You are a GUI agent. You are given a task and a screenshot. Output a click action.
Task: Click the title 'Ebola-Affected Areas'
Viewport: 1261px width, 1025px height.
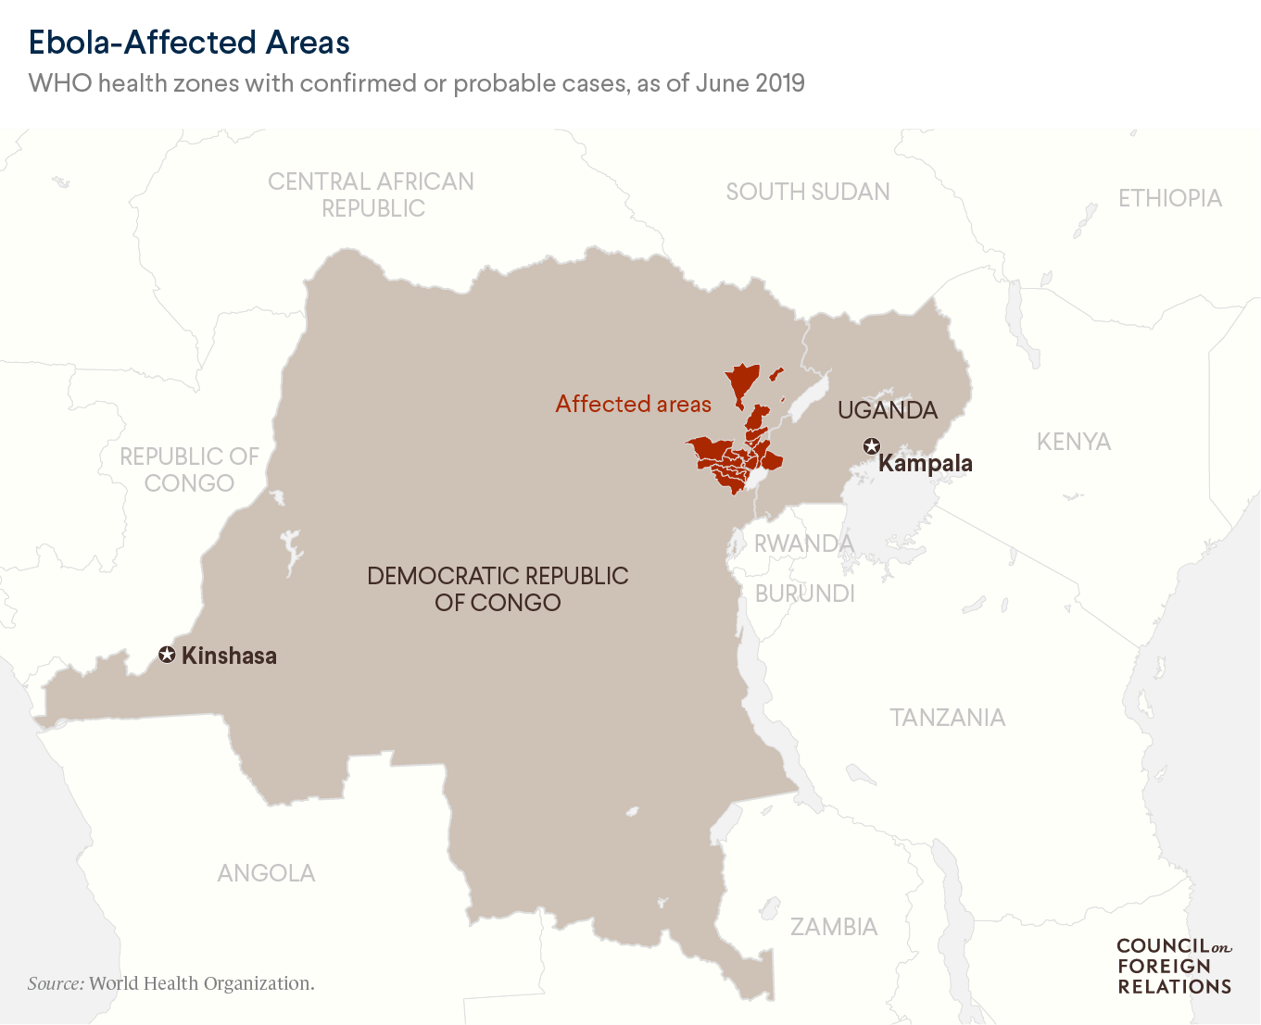click(189, 43)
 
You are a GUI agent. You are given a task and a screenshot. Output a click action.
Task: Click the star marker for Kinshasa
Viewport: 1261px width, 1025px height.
click(167, 656)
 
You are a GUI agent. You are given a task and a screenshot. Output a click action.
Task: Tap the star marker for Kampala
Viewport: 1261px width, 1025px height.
click(871, 446)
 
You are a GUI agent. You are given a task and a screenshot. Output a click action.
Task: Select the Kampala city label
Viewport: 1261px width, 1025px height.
click(925, 463)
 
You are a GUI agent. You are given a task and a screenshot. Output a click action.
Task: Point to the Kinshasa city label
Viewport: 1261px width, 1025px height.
click(229, 656)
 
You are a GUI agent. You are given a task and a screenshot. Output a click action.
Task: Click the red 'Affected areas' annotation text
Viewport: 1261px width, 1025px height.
click(633, 404)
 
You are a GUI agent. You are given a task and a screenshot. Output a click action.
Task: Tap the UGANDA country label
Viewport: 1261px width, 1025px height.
click(888, 410)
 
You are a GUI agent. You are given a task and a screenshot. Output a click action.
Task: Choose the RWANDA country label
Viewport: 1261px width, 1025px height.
click(803, 544)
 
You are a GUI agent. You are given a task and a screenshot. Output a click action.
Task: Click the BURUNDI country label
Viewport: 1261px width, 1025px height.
click(804, 594)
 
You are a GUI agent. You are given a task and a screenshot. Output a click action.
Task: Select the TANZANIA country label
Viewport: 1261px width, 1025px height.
click(947, 718)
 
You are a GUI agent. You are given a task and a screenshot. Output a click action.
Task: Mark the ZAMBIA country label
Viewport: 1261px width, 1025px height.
click(833, 927)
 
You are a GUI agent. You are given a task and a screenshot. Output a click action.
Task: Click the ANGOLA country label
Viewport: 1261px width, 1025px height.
click(266, 873)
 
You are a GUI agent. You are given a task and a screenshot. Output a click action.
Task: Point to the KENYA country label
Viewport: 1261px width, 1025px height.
click(1073, 442)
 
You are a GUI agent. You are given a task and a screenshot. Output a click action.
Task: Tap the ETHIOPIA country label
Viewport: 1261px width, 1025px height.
click(1169, 198)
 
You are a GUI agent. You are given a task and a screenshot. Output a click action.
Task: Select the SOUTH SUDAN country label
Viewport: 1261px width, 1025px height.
click(807, 192)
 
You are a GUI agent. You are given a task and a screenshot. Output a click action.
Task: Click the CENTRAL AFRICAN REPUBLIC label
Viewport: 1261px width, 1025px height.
click(372, 194)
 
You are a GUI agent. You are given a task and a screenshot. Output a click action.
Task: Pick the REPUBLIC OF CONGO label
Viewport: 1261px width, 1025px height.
click(189, 469)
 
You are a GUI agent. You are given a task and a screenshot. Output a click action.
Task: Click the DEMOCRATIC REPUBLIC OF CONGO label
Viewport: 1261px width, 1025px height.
click(498, 589)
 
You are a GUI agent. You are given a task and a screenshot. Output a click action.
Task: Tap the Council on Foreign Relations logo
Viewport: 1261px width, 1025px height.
click(1174, 966)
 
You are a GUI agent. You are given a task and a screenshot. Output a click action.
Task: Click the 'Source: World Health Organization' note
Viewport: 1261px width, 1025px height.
click(171, 983)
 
